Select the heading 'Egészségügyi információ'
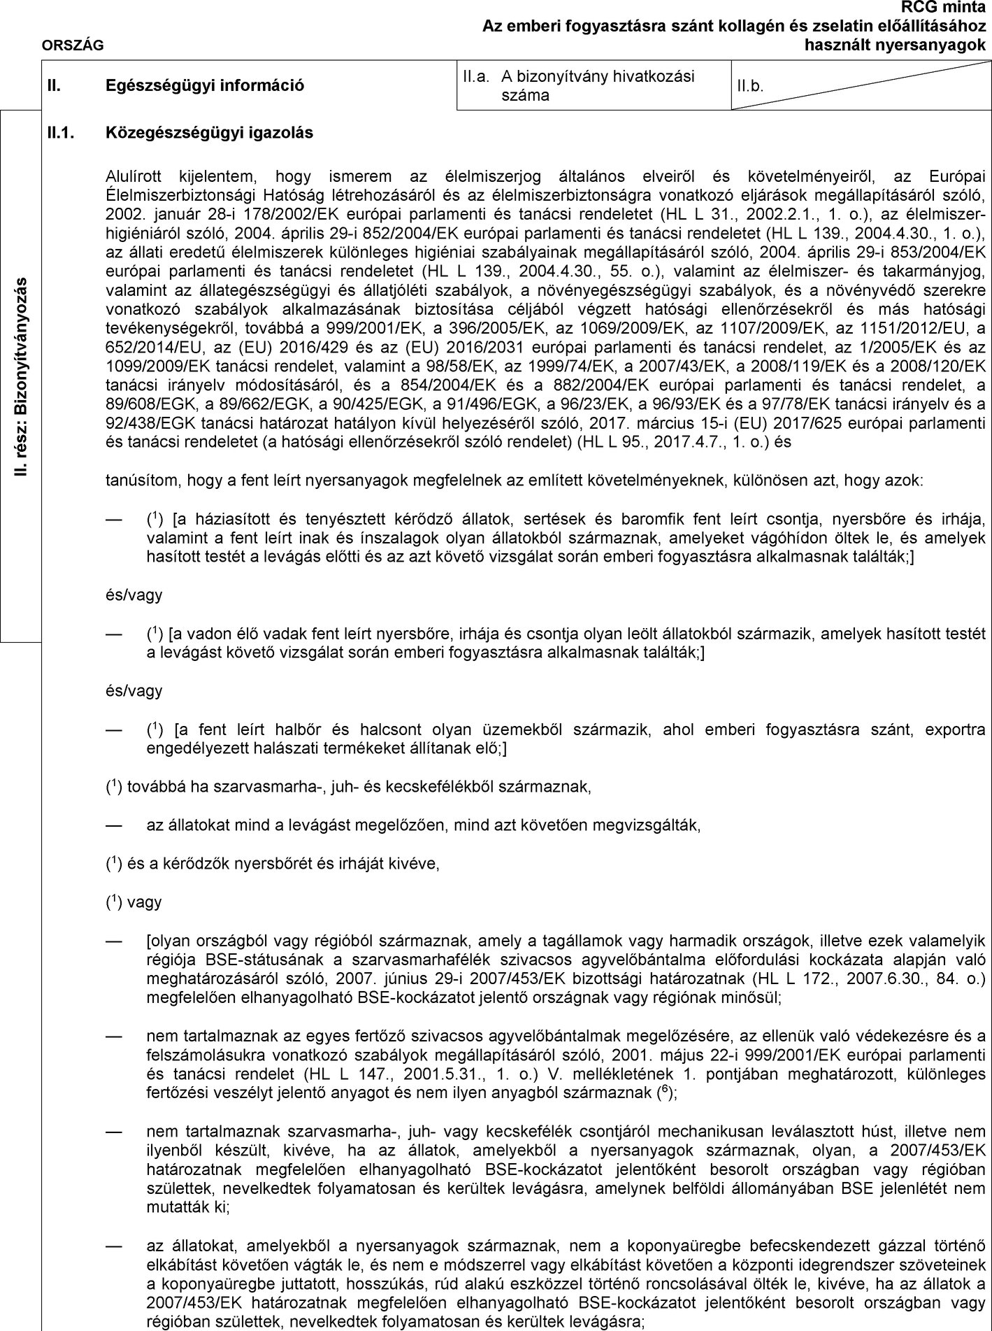pyautogui.click(x=205, y=86)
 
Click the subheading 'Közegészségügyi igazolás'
pyautogui.click(x=209, y=132)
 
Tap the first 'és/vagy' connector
pyautogui.click(x=134, y=595)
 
